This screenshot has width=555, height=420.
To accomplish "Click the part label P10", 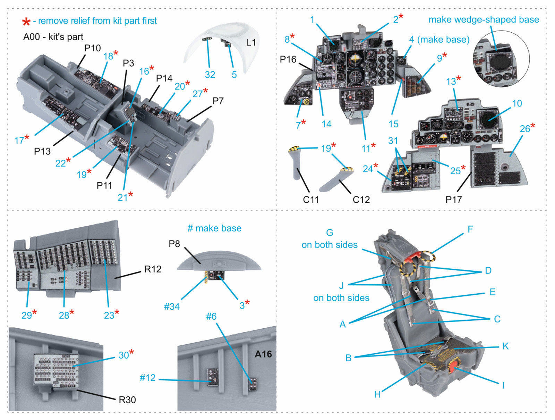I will (x=93, y=48).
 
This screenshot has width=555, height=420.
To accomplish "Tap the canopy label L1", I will (x=251, y=42).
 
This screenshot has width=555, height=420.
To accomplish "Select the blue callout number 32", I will (x=210, y=75).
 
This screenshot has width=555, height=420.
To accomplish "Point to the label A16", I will (x=263, y=354).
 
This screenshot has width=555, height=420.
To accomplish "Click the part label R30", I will (x=127, y=400).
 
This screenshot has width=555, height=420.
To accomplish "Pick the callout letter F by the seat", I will (x=470, y=229).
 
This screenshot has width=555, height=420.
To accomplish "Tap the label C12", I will (x=361, y=200).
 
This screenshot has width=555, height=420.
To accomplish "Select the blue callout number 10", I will (x=517, y=103).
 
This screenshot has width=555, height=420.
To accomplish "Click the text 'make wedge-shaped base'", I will (x=484, y=20).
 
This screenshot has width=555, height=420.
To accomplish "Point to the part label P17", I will (x=454, y=200).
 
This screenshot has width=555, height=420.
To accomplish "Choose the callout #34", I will (x=172, y=306).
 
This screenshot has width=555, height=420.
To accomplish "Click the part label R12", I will (x=153, y=269).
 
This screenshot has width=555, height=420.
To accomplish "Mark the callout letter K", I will (x=505, y=346).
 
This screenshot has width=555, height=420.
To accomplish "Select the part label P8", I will (x=174, y=244).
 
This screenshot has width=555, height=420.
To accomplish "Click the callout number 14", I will (x=326, y=124).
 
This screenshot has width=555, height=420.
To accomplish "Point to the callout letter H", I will (x=377, y=394).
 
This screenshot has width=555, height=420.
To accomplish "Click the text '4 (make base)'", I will (x=439, y=40).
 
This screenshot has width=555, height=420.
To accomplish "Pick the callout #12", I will (x=147, y=378).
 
